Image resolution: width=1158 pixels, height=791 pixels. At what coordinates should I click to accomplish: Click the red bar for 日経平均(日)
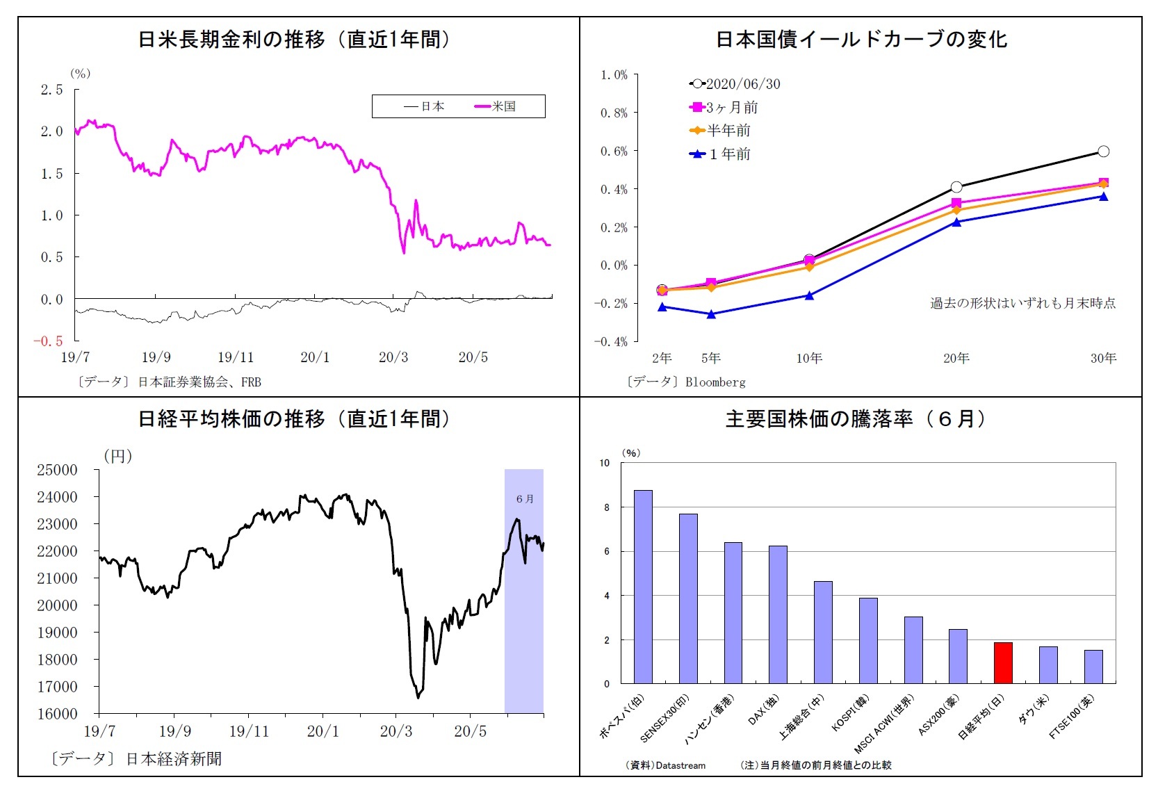(1002, 662)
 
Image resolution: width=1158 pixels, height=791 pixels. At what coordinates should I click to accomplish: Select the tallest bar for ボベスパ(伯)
(643, 587)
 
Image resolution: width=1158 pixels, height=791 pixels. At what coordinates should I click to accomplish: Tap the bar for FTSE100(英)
(1093, 667)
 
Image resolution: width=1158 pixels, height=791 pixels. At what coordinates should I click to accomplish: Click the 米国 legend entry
(496, 106)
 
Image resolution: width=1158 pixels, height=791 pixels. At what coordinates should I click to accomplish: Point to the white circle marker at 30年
(1103, 152)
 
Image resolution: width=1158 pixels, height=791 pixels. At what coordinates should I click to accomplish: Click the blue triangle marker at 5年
(711, 314)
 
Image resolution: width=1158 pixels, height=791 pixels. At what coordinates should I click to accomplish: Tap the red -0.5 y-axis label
(48, 341)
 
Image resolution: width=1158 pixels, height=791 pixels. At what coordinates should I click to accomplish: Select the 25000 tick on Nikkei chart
(57, 470)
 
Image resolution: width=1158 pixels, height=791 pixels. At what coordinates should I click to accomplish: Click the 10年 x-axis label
(809, 358)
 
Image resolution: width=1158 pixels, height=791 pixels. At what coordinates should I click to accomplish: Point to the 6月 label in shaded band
(525, 498)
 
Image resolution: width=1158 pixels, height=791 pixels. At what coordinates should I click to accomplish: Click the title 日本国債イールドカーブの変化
(861, 39)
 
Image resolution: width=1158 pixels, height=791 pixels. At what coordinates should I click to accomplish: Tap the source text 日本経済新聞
(174, 758)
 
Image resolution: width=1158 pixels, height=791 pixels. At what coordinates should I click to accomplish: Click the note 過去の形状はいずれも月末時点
(1022, 303)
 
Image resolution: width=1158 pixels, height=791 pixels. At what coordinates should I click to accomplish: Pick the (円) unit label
(117, 456)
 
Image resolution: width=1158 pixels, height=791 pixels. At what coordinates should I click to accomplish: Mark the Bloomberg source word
(715, 382)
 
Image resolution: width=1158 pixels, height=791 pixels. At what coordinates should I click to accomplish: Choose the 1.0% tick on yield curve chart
(614, 74)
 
